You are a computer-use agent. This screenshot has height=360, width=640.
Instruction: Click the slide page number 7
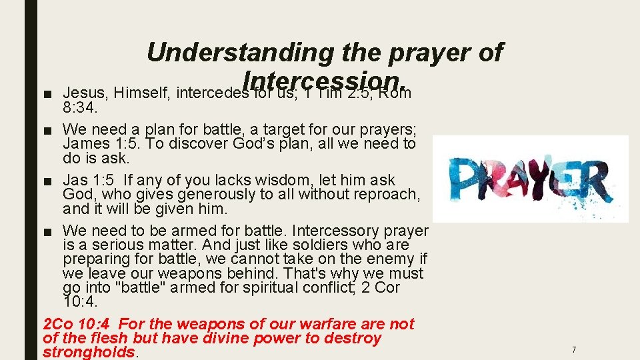[573, 349]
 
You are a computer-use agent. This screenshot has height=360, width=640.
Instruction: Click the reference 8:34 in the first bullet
[79, 107]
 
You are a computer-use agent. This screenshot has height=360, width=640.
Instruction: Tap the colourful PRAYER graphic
[530, 179]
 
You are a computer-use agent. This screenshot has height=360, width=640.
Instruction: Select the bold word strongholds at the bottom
[89, 352]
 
